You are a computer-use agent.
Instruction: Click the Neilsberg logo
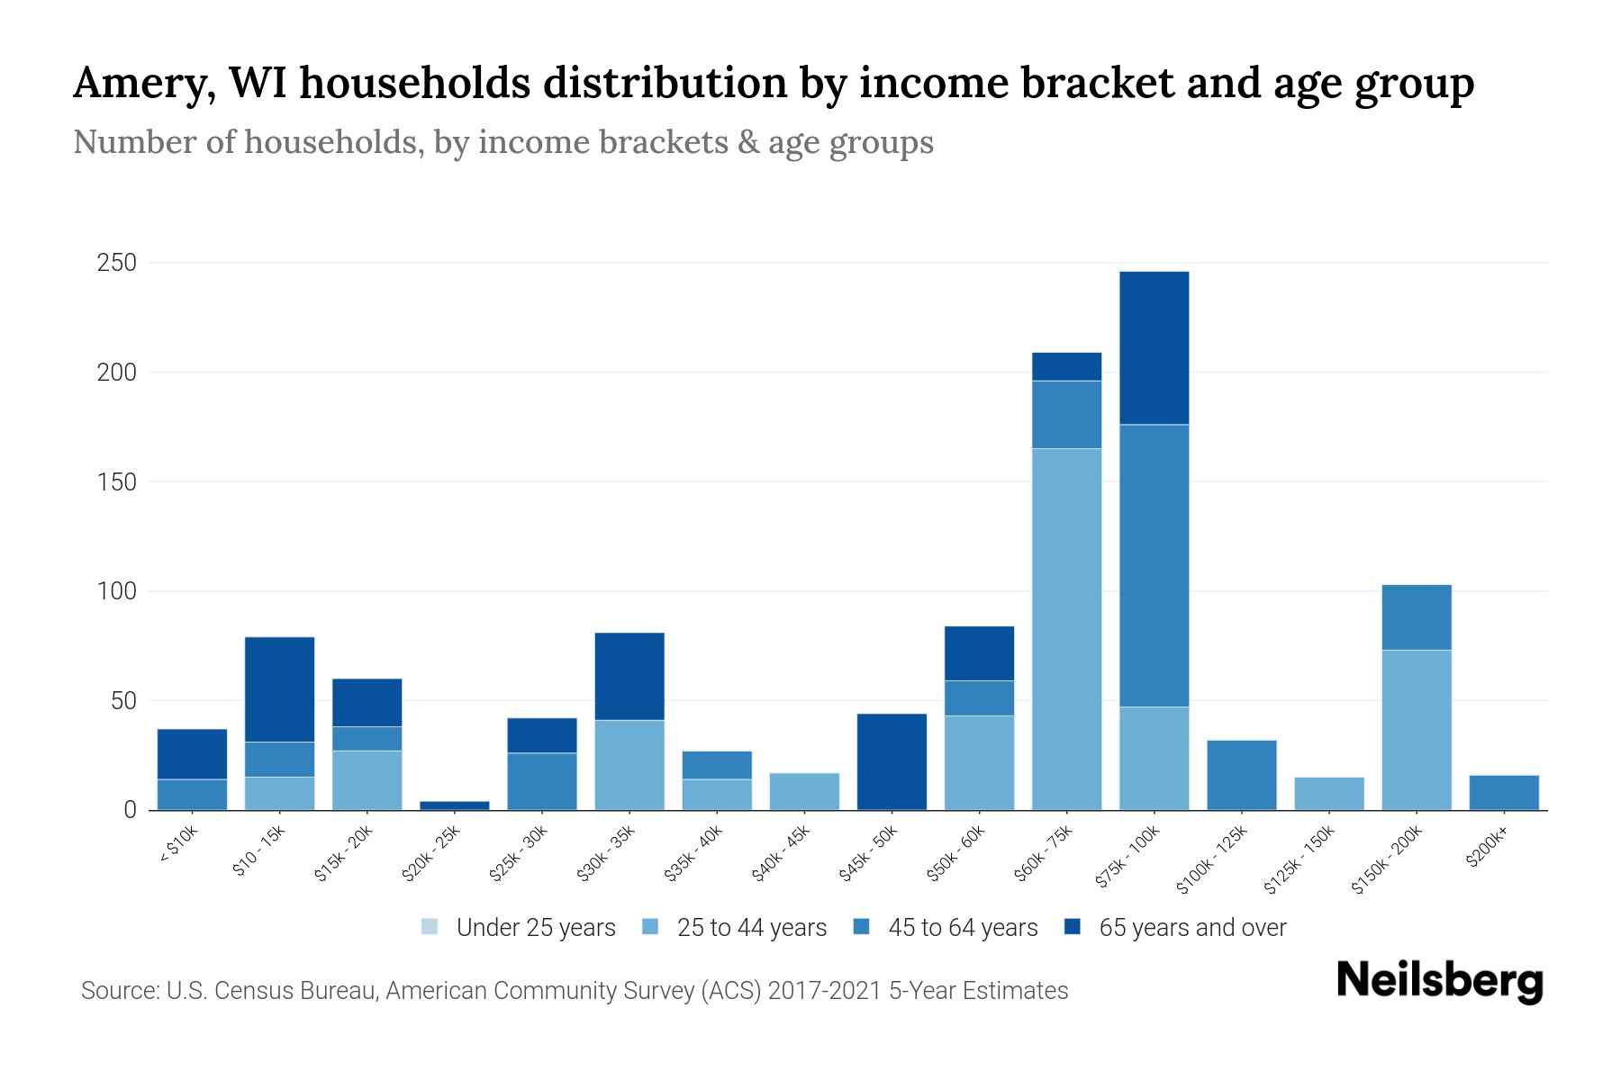pos(1439,980)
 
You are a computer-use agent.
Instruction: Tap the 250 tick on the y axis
pos(117,263)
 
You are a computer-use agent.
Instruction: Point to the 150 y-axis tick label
pos(117,481)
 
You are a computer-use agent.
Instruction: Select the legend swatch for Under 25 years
pos(430,927)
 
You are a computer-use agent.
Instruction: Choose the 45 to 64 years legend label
pos(963,927)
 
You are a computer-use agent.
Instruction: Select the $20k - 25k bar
pos(455,805)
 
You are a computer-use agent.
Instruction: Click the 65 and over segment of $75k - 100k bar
pos(1154,347)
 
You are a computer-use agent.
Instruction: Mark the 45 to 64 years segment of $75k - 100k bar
pos(1154,565)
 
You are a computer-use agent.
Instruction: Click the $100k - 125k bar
pos(1241,774)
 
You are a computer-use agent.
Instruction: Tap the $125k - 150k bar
pos(1328,793)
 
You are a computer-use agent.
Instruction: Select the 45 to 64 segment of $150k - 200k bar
pos(1416,617)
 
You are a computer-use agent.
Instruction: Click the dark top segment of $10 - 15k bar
pos(279,688)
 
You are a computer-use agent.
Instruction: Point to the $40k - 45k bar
pos(804,791)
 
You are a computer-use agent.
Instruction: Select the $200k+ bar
pos(1503,792)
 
